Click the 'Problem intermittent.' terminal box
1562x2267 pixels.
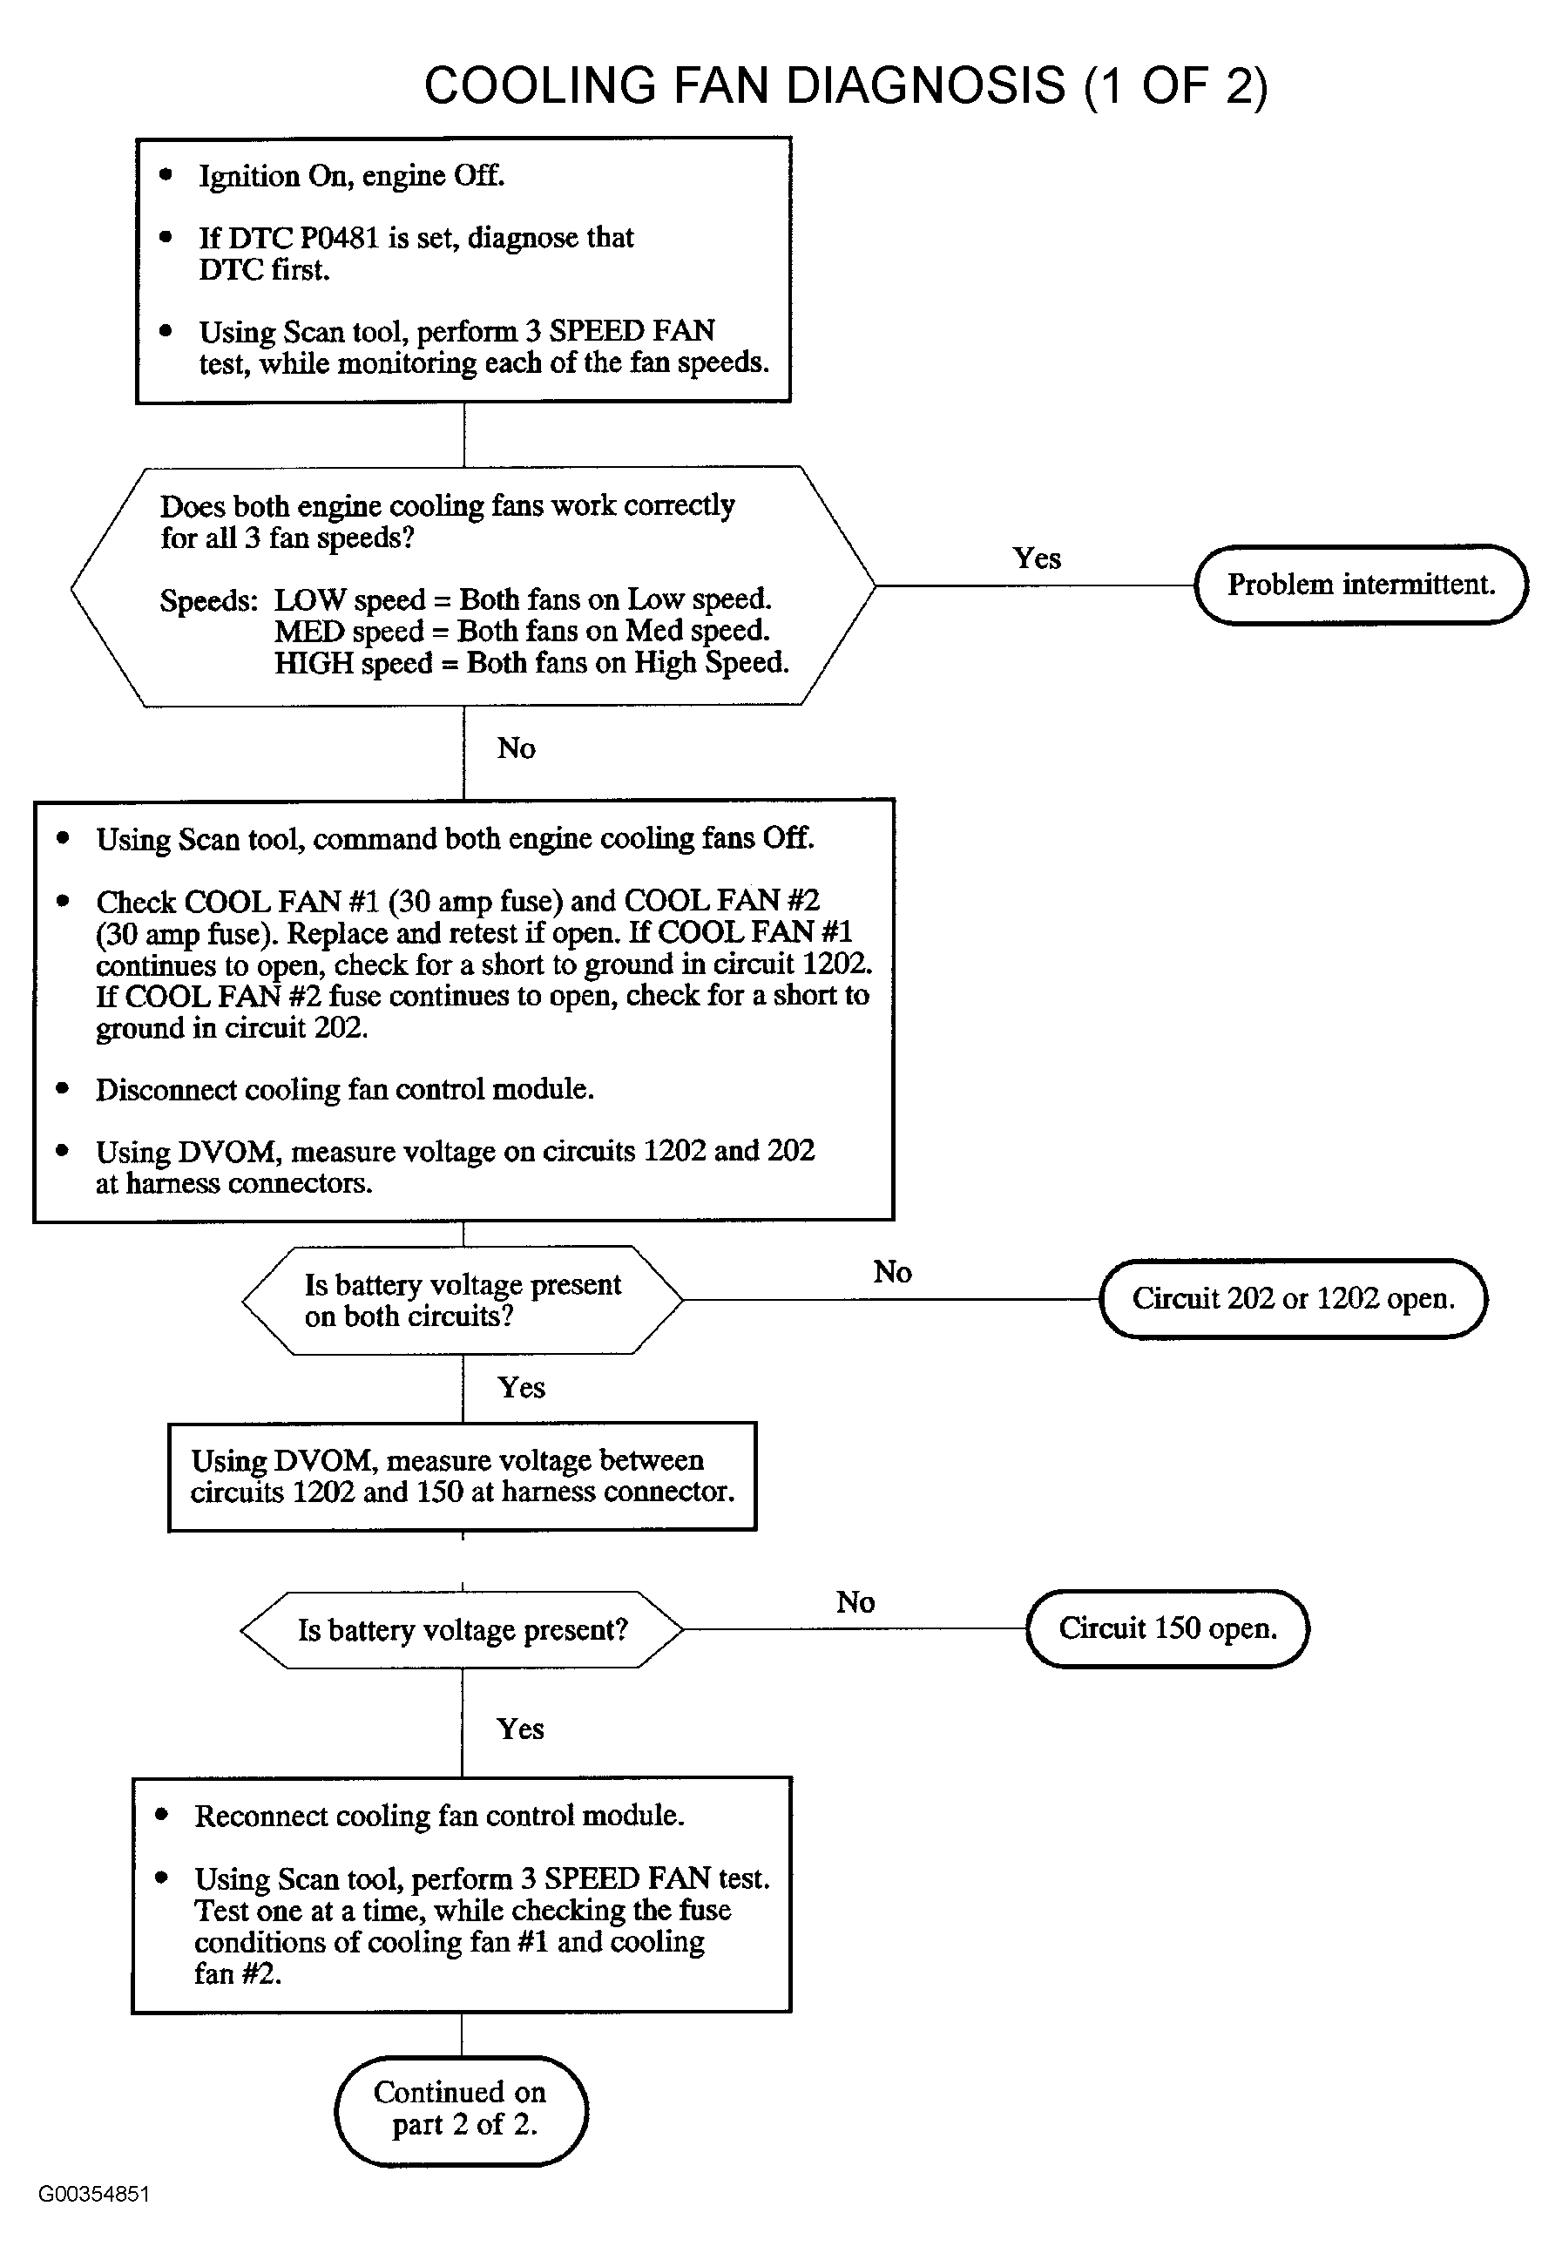pyautogui.click(x=1361, y=585)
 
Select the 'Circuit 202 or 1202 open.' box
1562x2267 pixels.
pyautogui.click(x=1293, y=1298)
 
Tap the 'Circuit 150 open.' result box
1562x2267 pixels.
pyautogui.click(x=1167, y=1628)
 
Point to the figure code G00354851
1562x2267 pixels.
pyautogui.click(x=94, y=2194)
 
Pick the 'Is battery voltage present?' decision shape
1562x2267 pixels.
pyautogui.click(x=461, y=1630)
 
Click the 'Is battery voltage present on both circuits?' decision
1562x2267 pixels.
pyautogui.click(x=462, y=1300)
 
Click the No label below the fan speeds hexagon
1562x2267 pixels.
pyautogui.click(x=516, y=748)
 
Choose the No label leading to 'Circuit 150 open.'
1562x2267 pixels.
pyautogui.click(x=855, y=1602)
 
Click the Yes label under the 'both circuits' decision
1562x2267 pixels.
pyautogui.click(x=521, y=1387)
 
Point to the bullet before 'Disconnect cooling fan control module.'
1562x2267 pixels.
pyautogui.click(x=64, y=1088)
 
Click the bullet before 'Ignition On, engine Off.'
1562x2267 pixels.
pyautogui.click(x=166, y=175)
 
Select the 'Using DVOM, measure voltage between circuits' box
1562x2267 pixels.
pyautogui.click(x=462, y=1476)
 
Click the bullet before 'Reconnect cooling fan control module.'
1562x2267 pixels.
pyautogui.click(x=162, y=1815)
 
